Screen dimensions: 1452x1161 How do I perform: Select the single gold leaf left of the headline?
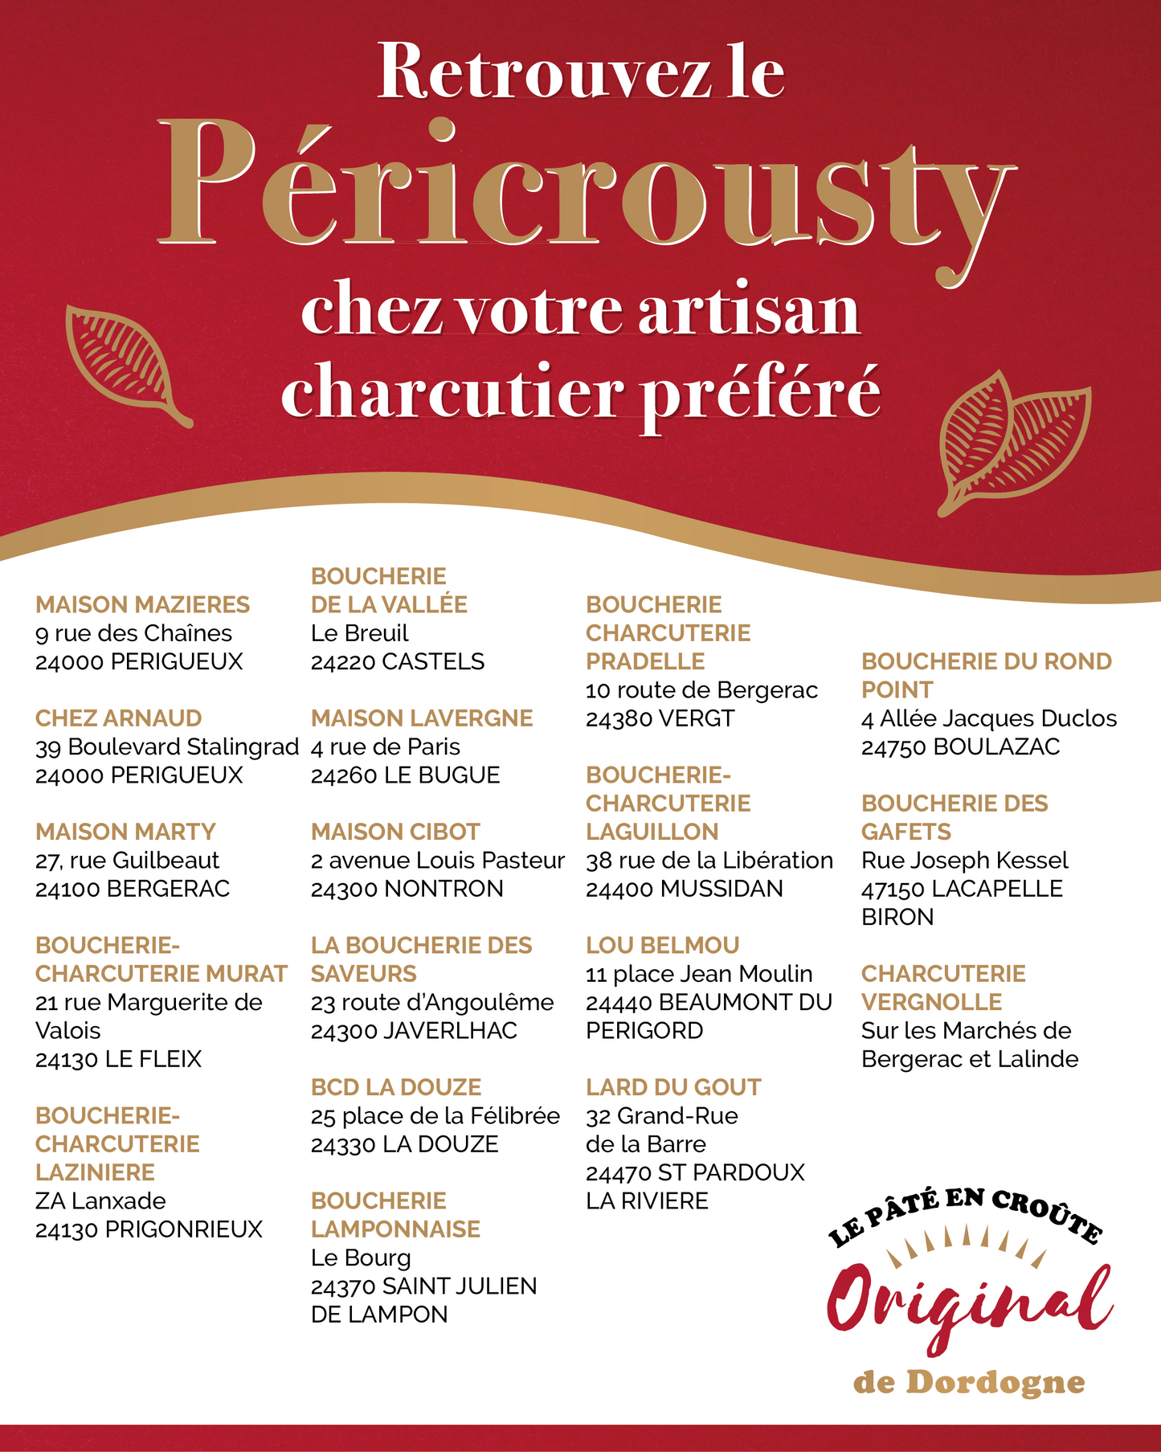[125, 362]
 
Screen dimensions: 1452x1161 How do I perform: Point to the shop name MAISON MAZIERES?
[142, 604]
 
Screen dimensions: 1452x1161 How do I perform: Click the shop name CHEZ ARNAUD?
[118, 718]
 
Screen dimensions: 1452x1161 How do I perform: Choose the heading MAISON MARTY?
[125, 832]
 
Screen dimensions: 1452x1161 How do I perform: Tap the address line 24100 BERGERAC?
[133, 889]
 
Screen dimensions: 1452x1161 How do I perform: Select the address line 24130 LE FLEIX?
[118, 1059]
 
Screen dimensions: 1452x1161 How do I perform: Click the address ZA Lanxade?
[100, 1200]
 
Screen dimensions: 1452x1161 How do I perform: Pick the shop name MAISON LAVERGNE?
[422, 718]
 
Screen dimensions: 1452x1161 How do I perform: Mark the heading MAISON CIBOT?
[395, 832]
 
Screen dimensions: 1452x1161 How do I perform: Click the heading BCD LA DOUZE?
[396, 1087]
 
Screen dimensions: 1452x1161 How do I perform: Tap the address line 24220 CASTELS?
[398, 661]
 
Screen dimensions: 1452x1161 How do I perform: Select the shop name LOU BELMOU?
[662, 945]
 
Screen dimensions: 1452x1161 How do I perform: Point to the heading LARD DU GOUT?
[673, 1087]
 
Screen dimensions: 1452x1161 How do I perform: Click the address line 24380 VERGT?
[660, 718]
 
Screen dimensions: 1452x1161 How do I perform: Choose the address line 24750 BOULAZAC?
[960, 746]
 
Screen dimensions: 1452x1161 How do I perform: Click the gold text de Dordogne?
[969, 1382]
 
